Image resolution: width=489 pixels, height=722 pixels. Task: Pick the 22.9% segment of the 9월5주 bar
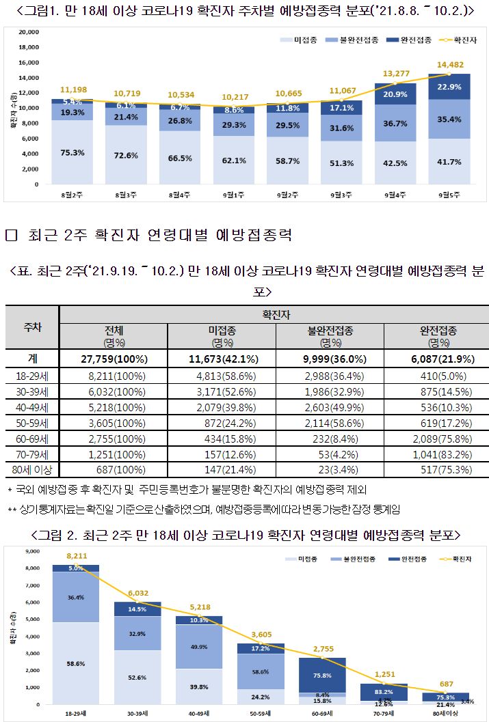(449, 87)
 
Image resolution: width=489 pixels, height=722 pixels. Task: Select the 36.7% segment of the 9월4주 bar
(395, 124)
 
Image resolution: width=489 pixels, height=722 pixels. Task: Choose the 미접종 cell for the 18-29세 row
(221, 375)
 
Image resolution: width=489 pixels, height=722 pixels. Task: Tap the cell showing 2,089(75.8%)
(436, 438)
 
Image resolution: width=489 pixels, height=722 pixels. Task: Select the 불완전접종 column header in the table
(330, 335)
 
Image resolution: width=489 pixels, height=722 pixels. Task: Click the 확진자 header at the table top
(274, 314)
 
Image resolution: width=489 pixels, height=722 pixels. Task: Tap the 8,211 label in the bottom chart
(76, 557)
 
